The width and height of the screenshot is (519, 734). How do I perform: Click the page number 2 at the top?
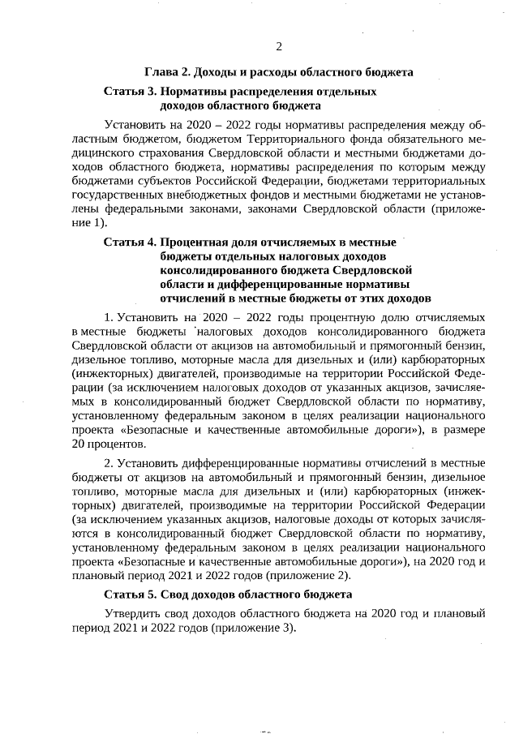(279, 45)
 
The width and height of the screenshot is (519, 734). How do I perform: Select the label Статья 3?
(130, 92)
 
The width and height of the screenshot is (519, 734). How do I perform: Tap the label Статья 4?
(130, 243)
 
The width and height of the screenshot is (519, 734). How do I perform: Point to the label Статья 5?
(130, 594)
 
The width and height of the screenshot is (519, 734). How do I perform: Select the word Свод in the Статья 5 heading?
(175, 594)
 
